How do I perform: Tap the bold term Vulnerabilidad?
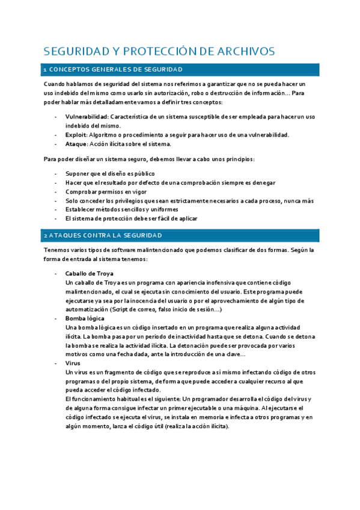pos(87,116)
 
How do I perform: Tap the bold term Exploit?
pos(75,135)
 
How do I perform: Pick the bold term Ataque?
pos(76,144)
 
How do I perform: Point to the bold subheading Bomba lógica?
pos(84,318)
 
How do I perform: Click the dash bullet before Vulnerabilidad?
pos(56,116)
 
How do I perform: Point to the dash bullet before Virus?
pos(56,363)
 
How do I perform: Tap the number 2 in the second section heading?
pos(46,235)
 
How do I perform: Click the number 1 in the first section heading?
pos(45,70)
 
